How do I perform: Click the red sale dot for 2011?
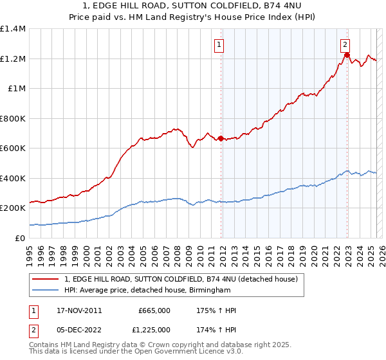(221, 138)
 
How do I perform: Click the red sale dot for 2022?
(347, 55)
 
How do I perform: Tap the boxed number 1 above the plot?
(220, 44)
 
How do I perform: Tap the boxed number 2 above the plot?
(345, 44)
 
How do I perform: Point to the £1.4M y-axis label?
(13, 29)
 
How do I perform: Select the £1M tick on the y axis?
(15, 89)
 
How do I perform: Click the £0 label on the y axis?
(19, 238)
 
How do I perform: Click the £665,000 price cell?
(154, 310)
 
